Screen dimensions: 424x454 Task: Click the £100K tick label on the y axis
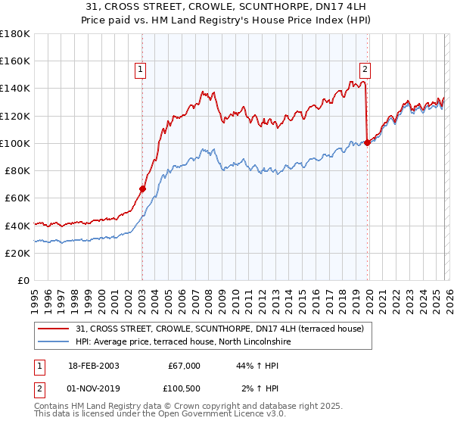point(15,143)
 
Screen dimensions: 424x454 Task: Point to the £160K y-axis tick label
point(15,61)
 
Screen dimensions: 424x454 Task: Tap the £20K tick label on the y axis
point(17,253)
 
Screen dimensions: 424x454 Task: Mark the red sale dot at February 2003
point(142,189)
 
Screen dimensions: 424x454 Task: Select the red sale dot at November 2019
point(367,142)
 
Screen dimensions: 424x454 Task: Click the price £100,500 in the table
point(182,388)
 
